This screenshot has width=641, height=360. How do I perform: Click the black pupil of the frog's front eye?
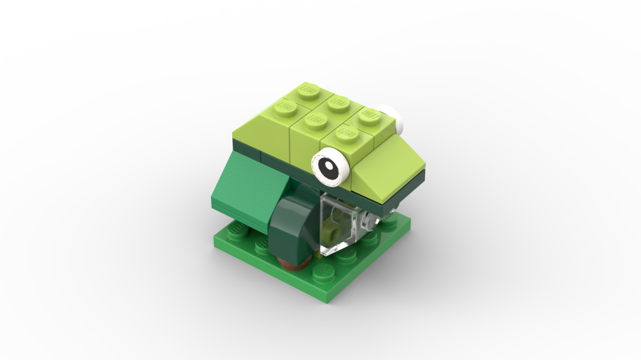[329, 167]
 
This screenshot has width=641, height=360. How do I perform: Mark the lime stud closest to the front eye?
[347, 133]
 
